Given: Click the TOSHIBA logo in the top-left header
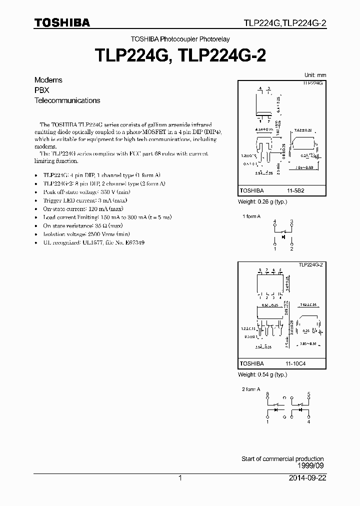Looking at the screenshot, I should pyautogui.click(x=61, y=22).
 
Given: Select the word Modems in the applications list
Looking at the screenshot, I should pyautogui.click(x=48, y=80).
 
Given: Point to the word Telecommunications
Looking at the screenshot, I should pyautogui.click(x=67, y=100).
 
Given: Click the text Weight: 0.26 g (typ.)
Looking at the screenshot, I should pyautogui.click(x=262, y=202).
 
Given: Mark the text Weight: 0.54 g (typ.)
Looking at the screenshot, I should pyautogui.click(x=262, y=374).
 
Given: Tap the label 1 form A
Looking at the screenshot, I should pyautogui.click(x=251, y=216).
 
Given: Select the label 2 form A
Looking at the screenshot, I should pyautogui.click(x=251, y=388).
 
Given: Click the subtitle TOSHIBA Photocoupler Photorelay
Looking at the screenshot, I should pyautogui.click(x=180, y=39).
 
